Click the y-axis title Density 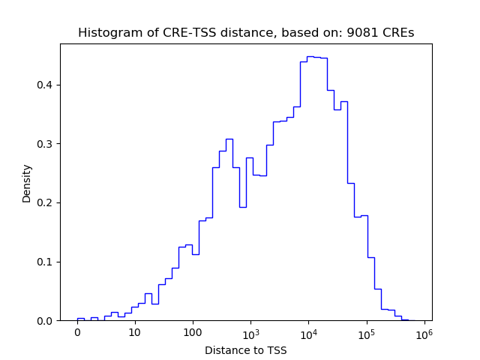27,182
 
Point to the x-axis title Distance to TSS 246,350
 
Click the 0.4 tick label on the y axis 46,85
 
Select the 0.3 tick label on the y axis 46,144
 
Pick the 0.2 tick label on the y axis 46,202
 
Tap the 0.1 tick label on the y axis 46,262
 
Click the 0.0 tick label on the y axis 46,321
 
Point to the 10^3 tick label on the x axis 250,332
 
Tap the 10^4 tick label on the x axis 308,332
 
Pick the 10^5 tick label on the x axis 367,332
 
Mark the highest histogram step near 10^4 310,56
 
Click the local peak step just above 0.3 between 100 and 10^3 229,139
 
